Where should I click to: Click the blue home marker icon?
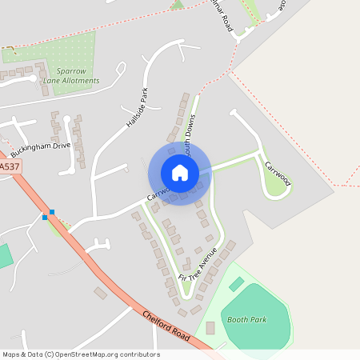[180, 173]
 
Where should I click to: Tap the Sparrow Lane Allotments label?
[72, 75]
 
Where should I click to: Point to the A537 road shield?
[9, 166]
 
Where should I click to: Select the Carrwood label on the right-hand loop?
[278, 170]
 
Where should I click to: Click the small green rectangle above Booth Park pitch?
[236, 284]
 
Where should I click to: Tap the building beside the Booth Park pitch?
[210, 328]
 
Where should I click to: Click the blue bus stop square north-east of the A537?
[52, 212]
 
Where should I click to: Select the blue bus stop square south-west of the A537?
[45, 217]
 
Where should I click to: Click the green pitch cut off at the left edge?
[5, 256]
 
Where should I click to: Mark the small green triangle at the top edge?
[177, 5]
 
